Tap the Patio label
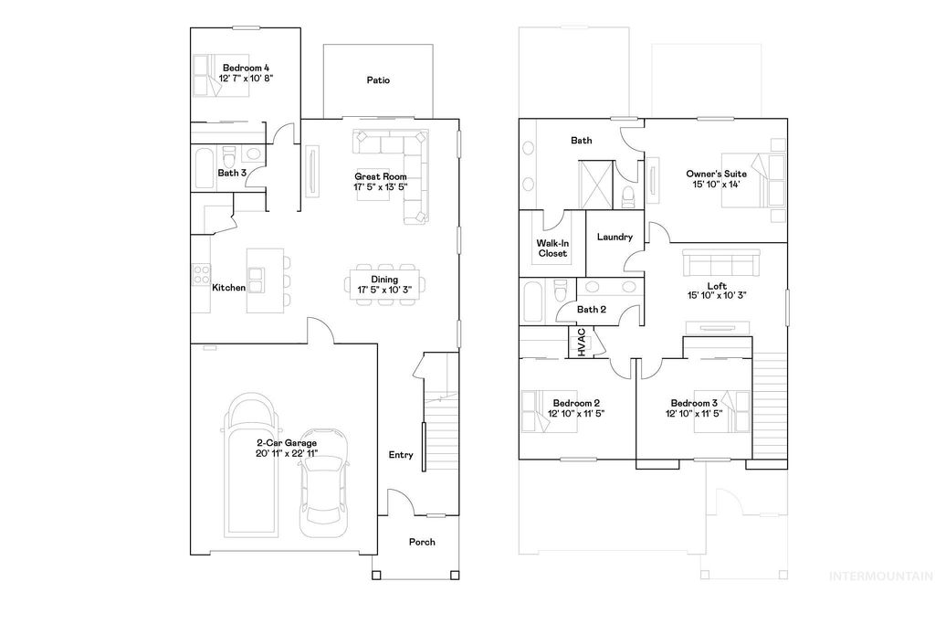pos(378,80)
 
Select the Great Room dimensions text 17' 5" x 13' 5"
pos(380,186)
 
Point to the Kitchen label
pos(228,288)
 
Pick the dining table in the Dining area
pos(383,280)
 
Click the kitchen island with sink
pos(258,279)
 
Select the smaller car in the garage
pos(322,480)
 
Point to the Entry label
pos(400,455)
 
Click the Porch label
pos(421,542)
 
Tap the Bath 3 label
pos(231,173)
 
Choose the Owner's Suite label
pos(716,174)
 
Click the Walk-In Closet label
pos(552,248)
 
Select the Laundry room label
pos(615,238)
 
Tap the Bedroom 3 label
pos(694,403)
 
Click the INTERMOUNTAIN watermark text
pos(879,576)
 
